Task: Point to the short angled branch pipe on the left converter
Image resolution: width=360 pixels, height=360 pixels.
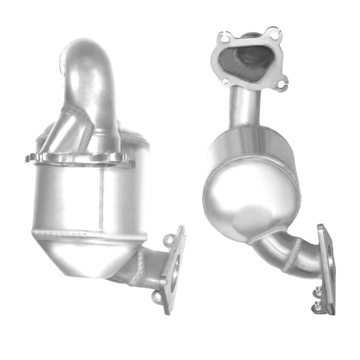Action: click(63, 130)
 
